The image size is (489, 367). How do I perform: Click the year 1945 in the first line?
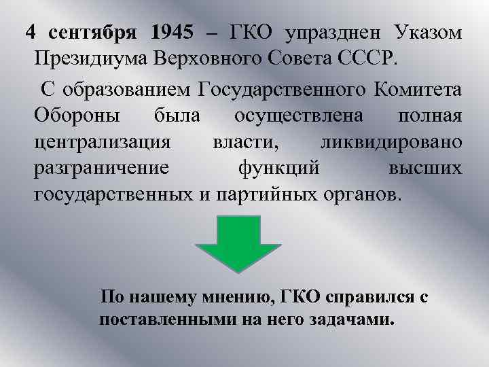tap(173, 32)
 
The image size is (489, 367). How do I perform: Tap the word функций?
tap(278, 169)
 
